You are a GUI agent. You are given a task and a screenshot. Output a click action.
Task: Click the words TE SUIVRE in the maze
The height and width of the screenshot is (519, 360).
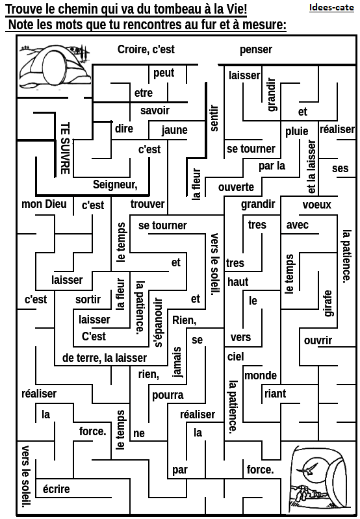point(65,148)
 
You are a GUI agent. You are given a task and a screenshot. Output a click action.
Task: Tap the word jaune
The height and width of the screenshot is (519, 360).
point(175,130)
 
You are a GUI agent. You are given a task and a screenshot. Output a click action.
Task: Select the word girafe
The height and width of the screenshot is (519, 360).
point(328,303)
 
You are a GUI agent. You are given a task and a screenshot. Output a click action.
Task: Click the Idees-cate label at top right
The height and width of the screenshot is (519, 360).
point(331,7)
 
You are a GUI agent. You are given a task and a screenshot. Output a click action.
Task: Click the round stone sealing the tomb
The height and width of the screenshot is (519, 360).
point(52,68)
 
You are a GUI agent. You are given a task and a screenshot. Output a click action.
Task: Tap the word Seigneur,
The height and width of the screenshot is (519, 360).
point(115,184)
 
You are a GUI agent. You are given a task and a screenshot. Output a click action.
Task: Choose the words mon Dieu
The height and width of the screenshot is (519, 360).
point(44,204)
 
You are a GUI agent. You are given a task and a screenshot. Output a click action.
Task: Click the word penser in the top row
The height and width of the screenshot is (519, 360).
point(256,49)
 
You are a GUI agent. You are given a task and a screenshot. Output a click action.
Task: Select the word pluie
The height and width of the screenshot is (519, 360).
point(297,131)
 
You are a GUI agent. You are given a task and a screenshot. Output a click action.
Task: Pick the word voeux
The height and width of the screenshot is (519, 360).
point(316,205)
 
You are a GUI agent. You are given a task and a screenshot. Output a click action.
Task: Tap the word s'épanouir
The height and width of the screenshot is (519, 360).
point(159,322)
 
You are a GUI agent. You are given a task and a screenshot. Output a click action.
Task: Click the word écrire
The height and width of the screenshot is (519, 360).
point(57,489)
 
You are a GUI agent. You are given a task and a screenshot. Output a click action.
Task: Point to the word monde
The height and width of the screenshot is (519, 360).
point(261,375)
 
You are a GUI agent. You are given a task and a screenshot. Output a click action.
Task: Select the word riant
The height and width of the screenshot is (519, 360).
point(276,394)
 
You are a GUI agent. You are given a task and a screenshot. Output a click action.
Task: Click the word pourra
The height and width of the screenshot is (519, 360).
point(168,395)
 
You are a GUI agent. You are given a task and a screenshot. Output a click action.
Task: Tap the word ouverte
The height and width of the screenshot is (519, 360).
point(236,187)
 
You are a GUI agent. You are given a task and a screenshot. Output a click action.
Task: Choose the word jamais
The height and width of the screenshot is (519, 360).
point(177,362)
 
